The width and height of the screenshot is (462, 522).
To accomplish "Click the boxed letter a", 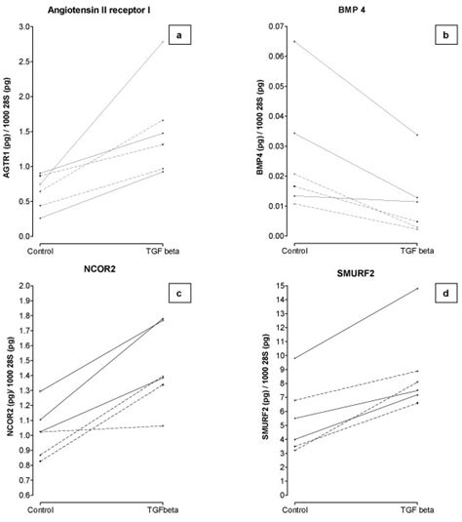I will (177, 37).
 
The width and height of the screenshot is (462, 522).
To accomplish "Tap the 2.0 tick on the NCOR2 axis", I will (37, 287).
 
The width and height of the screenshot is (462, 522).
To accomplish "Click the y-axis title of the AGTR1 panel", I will (12, 131).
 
